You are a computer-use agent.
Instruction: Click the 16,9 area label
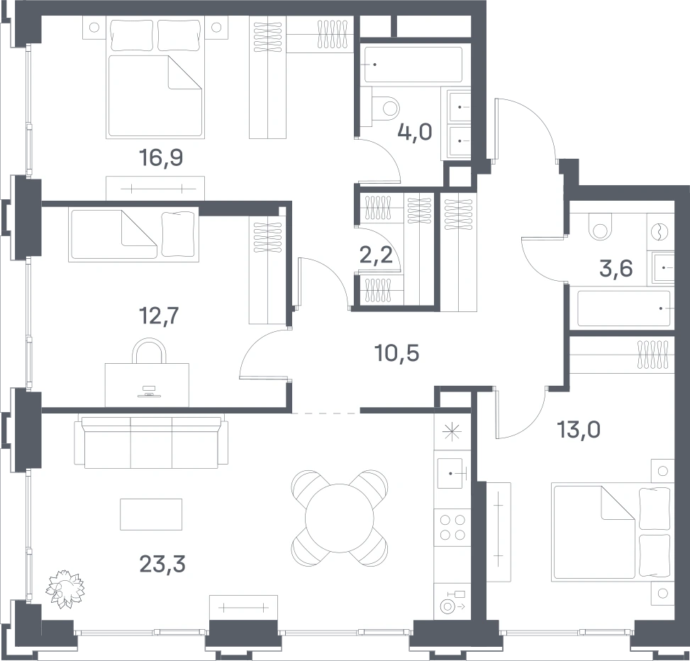(160, 158)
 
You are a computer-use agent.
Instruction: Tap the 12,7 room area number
(159, 316)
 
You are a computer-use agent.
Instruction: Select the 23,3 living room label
(162, 564)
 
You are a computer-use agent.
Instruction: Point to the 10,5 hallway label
(396, 353)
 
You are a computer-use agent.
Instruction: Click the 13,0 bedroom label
(579, 430)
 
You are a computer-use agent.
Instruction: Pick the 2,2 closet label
(377, 255)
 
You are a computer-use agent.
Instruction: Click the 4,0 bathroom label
(415, 132)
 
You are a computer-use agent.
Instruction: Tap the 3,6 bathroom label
(616, 269)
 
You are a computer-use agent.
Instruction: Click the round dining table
(339, 518)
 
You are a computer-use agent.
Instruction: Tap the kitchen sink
(450, 474)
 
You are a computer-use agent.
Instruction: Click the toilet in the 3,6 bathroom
(599, 226)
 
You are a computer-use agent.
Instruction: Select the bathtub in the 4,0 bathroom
(413, 65)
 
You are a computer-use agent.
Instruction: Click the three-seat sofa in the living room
(151, 443)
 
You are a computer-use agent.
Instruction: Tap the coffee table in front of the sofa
(151, 514)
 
